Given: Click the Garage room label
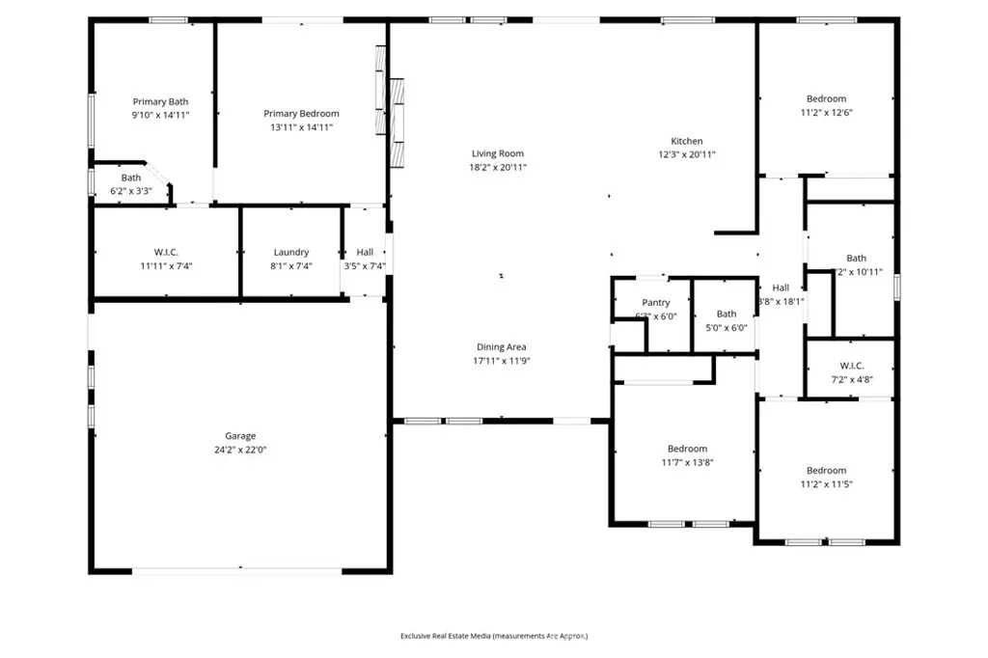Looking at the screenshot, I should point(240,436).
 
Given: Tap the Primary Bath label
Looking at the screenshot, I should point(160,101).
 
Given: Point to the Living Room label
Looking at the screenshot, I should point(498,153).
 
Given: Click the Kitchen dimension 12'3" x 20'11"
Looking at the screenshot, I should point(687,154).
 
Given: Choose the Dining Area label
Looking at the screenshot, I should point(502,347).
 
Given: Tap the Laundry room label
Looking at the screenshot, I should point(291,253).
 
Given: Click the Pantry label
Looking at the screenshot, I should point(656,303).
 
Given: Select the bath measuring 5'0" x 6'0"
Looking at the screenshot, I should point(727,320).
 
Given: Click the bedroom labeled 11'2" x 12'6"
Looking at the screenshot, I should point(826,105).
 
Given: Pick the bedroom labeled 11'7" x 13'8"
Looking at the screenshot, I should point(687,455).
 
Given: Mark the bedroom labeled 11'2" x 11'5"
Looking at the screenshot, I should point(826,478).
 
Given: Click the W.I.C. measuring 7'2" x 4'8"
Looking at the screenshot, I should point(851,372).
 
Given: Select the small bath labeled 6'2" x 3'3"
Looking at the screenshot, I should point(131,184).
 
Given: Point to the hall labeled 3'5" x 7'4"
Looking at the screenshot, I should point(365,259).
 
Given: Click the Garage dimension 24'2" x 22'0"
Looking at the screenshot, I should point(240,450).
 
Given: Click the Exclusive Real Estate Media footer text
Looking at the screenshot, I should point(494,636).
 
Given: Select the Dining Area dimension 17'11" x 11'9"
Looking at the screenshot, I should point(502,361).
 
